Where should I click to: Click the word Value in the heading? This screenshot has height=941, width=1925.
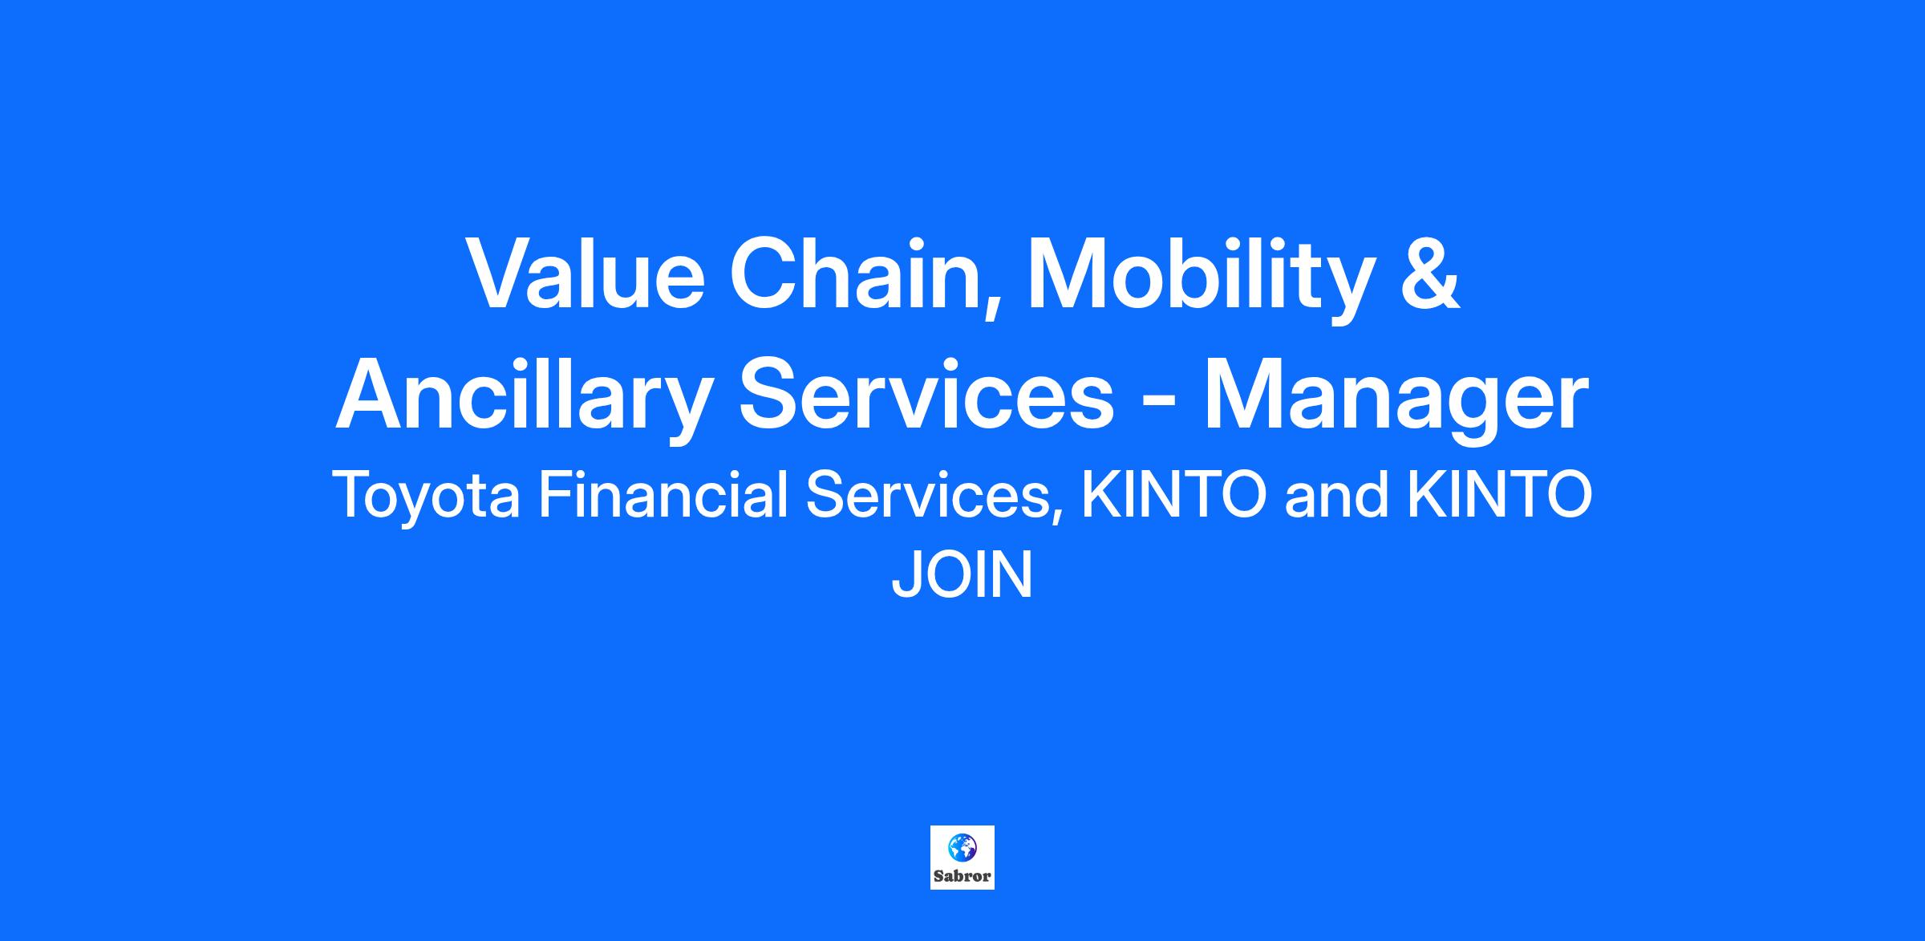coord(586,272)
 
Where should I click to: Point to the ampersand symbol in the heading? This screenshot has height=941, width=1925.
coord(1429,273)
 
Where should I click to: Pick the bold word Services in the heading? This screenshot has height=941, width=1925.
coord(926,396)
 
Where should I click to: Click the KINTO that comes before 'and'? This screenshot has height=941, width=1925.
coord(1174,496)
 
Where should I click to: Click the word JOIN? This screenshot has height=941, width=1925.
coord(962,575)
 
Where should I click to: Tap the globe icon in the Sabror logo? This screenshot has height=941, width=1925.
coord(962,846)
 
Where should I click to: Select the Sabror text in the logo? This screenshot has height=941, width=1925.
coord(962,876)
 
